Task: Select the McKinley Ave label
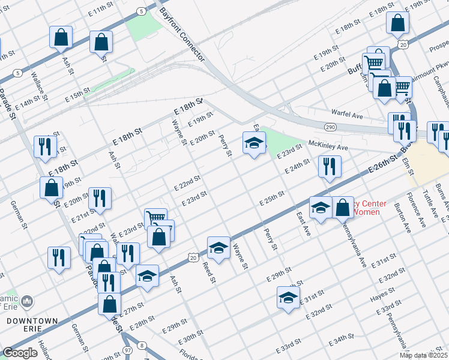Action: click(328, 146)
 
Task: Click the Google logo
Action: click(20, 353)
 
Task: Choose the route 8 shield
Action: click(141, 345)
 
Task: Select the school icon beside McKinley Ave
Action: click(254, 143)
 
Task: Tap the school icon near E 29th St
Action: click(288, 296)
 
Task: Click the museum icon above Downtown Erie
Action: click(27, 300)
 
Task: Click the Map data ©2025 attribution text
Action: click(423, 355)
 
